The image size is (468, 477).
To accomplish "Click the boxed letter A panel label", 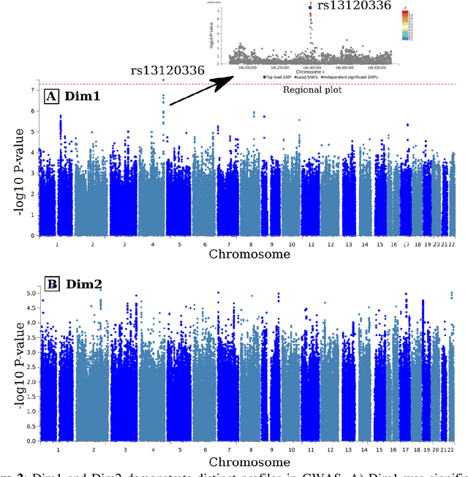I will [x=52, y=96].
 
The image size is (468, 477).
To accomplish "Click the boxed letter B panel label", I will [x=52, y=283].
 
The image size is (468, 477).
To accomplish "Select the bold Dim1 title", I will [x=80, y=96].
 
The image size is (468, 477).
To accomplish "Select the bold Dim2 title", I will [x=81, y=283].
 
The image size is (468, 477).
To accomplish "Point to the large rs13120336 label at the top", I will [x=355, y=6].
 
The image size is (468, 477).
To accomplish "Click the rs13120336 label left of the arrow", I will [x=168, y=71].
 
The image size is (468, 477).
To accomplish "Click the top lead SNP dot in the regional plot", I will [x=311, y=8].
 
